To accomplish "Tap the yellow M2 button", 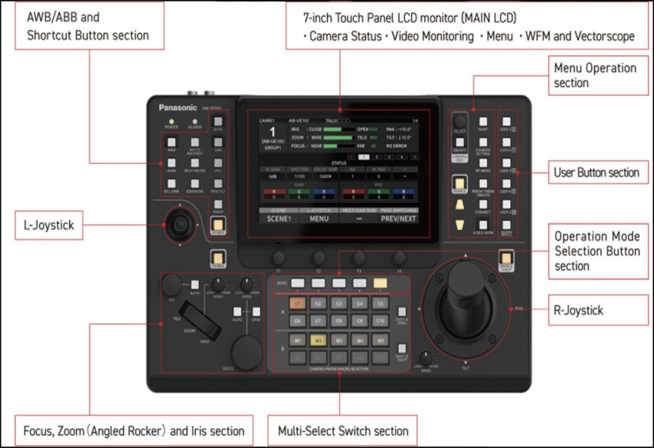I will click(318, 339).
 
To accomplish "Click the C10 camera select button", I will click(380, 319).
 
